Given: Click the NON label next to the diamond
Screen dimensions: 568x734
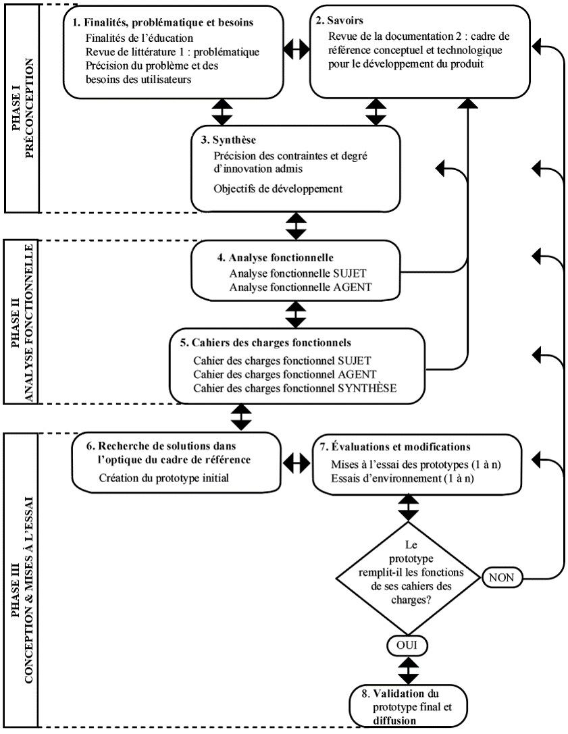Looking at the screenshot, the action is pos(502,577).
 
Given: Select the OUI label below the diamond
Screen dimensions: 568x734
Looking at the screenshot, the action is pos(407,645).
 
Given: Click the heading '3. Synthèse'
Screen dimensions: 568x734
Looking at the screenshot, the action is pos(234,140).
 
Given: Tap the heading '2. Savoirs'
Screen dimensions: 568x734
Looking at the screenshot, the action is pos(340,20).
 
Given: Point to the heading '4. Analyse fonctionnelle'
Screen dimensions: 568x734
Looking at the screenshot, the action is pos(276,257).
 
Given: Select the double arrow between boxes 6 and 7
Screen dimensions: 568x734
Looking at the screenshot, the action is pos(297,463).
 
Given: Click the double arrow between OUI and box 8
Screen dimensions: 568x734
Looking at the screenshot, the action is pos(409,670).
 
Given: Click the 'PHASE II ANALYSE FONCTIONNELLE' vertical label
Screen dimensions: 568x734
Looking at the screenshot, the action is pos(22,322).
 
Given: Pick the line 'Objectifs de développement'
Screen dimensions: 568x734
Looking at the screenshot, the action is pos(278,188).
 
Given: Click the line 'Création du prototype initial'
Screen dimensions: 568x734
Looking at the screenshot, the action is pos(164,478).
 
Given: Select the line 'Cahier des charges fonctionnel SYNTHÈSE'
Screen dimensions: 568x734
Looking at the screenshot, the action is pos(295,388).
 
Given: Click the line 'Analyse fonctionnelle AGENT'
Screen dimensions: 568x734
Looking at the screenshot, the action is pos(300,287).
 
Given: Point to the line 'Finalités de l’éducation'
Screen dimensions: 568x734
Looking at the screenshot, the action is pos(139,38).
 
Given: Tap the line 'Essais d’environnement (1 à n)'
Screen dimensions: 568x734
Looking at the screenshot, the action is pos(403,478).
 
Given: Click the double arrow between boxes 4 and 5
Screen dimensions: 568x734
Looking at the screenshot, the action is pos(296,314).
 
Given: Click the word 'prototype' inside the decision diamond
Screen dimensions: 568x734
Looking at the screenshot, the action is pos(411,558).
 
